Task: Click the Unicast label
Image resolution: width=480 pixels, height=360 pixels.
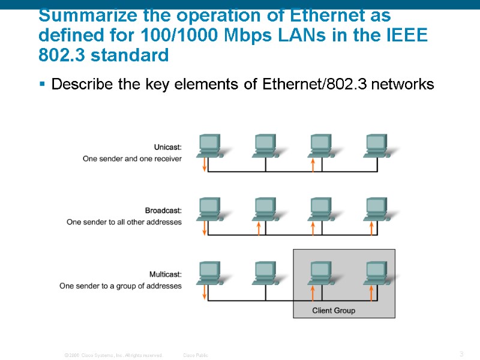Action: (168, 147)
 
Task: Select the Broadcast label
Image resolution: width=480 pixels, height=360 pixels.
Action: (163, 211)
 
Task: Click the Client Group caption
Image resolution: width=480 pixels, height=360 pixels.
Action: (334, 310)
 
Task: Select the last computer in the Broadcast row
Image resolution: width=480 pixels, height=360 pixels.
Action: (375, 208)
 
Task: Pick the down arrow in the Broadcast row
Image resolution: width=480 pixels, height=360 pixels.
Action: (205, 228)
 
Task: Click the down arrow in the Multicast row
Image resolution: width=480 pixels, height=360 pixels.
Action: (205, 292)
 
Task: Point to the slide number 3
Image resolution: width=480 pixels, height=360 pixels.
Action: (461, 354)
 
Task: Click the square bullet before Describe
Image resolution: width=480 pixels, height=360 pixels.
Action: (43, 85)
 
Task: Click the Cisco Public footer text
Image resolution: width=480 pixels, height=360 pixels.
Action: (196, 355)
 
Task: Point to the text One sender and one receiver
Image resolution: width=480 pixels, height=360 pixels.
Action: (132, 159)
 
